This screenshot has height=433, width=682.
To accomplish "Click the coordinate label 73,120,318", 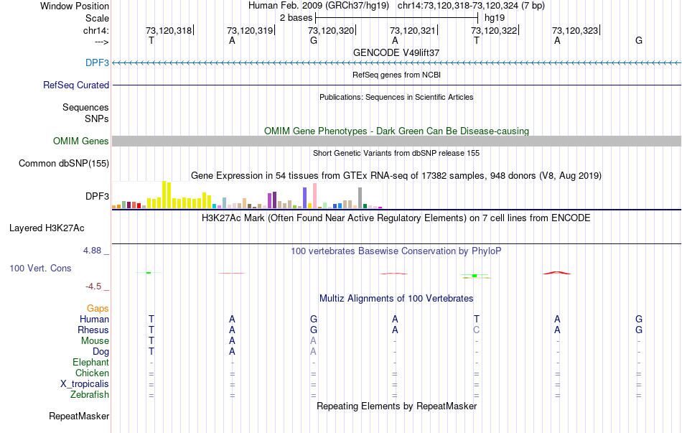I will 169,31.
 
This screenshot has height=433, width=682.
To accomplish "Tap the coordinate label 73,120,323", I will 574,31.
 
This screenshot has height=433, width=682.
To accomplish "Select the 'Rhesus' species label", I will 93,330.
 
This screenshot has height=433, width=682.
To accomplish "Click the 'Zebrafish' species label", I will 90,395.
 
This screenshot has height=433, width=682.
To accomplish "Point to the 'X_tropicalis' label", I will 85,384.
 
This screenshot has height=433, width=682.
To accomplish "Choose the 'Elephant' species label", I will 90,363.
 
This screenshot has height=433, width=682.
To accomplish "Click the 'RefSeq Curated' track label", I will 76,85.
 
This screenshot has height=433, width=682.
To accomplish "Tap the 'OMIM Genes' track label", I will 81,141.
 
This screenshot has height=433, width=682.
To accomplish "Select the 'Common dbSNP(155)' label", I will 64,164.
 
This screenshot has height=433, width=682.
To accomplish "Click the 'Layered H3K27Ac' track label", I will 47,228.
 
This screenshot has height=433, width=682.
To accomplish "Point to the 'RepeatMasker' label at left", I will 79,416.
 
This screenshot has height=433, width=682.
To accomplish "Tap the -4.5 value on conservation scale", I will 94,287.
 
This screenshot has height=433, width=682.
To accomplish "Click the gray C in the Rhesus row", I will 476,330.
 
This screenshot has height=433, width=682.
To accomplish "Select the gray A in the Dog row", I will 313,352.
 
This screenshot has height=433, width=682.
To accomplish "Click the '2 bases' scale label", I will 296,17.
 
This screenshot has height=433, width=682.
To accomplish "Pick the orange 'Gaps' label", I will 98,309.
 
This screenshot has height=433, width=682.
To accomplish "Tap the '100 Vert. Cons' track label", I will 40,269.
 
